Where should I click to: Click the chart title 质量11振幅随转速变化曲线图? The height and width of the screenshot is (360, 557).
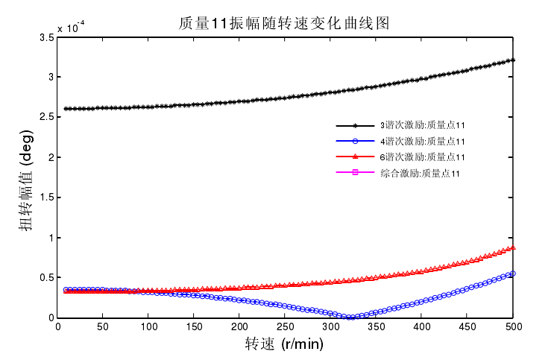[x=283, y=23]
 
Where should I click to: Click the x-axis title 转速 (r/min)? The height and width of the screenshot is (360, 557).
[x=284, y=344]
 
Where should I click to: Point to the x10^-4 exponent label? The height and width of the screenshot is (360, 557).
[x=71, y=28]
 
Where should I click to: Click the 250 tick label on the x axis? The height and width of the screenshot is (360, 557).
[x=285, y=327]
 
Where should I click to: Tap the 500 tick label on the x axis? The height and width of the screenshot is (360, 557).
[x=513, y=327]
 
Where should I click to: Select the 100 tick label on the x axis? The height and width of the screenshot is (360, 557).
[x=148, y=327]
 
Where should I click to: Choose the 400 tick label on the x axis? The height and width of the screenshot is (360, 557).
[x=422, y=327]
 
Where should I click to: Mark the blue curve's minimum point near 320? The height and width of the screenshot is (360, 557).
[x=349, y=318]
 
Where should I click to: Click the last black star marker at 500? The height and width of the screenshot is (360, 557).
[x=513, y=60]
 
